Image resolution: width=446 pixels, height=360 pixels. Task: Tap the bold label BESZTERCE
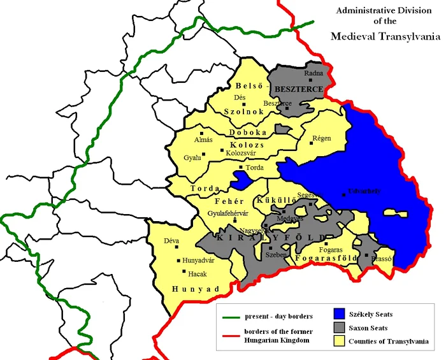coord(299,89)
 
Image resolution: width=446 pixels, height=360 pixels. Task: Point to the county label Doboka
coord(248,133)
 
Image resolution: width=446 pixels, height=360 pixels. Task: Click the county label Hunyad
coord(195,289)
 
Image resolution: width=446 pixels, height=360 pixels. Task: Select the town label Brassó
coord(381,259)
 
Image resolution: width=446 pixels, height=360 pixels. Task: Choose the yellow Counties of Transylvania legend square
coord(340,342)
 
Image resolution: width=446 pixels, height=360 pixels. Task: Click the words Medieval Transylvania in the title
coord(385,36)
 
